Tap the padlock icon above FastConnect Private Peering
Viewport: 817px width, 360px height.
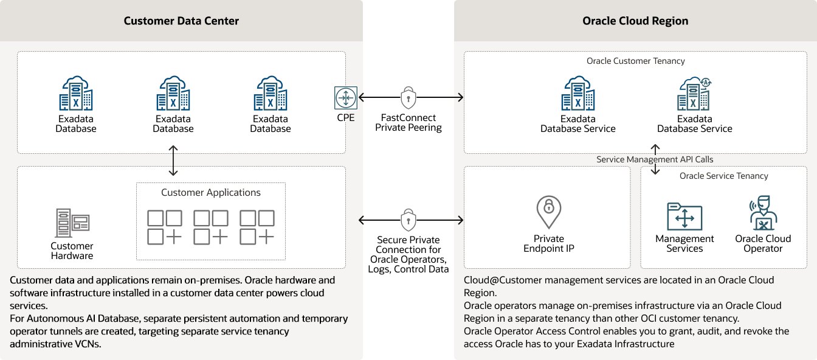[x=408, y=97]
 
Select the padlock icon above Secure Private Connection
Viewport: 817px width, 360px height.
[x=408, y=220]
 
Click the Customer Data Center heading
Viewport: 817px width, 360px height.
[x=181, y=21]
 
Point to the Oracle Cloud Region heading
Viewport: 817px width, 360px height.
[x=635, y=21]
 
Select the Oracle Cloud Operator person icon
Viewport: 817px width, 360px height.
[x=763, y=213]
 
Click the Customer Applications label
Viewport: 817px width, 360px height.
[x=210, y=193]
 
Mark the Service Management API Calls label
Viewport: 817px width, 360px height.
[x=655, y=159]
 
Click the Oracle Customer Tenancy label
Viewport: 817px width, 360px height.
[x=635, y=61]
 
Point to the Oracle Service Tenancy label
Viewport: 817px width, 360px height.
[x=723, y=176]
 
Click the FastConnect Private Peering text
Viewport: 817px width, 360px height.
[x=408, y=123]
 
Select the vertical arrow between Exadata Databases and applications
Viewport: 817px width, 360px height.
[x=174, y=161]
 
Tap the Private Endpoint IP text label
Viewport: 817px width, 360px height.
[x=549, y=243]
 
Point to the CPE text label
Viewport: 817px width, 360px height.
[x=345, y=118]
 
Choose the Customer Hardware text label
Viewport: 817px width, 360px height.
[x=72, y=251]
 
